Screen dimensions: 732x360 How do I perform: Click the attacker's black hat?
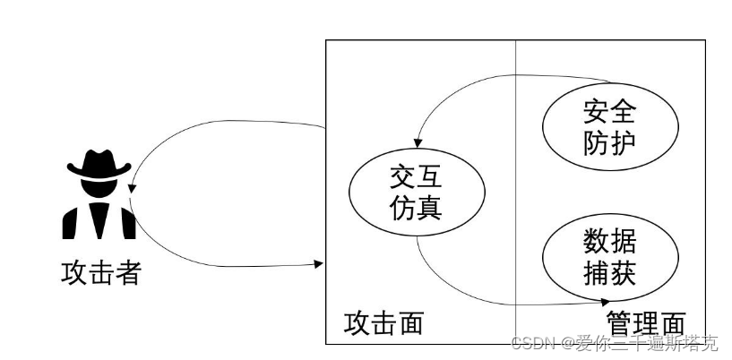[x=99, y=163]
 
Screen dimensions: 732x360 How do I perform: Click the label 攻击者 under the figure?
[x=101, y=274]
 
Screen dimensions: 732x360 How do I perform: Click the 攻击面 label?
[x=383, y=323]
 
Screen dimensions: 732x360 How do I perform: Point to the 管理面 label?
[x=645, y=323]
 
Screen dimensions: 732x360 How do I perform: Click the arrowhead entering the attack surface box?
[x=320, y=264]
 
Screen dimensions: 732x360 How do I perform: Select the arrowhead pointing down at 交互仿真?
[x=418, y=149]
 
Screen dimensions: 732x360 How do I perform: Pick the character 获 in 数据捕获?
[x=617, y=272]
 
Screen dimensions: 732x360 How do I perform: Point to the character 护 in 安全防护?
[x=617, y=141]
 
